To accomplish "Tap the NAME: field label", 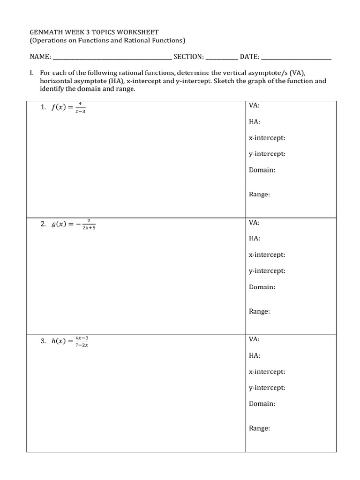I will click(40, 57).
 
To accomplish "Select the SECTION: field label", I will click(188, 57).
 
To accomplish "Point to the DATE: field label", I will click(250, 57).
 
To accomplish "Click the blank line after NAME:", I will click(112, 59).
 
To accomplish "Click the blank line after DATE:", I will click(296, 59).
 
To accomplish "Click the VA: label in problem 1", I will click(254, 105).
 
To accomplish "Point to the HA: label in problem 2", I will click(255, 238).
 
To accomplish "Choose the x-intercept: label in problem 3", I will click(267, 372).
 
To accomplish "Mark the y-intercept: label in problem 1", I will click(267, 154).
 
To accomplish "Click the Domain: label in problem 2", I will click(262, 287).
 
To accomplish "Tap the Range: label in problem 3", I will click(259, 428).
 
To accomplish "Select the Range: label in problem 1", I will click(259, 194).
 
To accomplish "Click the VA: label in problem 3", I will click(254, 339).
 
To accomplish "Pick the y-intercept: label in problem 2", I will click(267, 271).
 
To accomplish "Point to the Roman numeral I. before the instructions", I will click(31, 73).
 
